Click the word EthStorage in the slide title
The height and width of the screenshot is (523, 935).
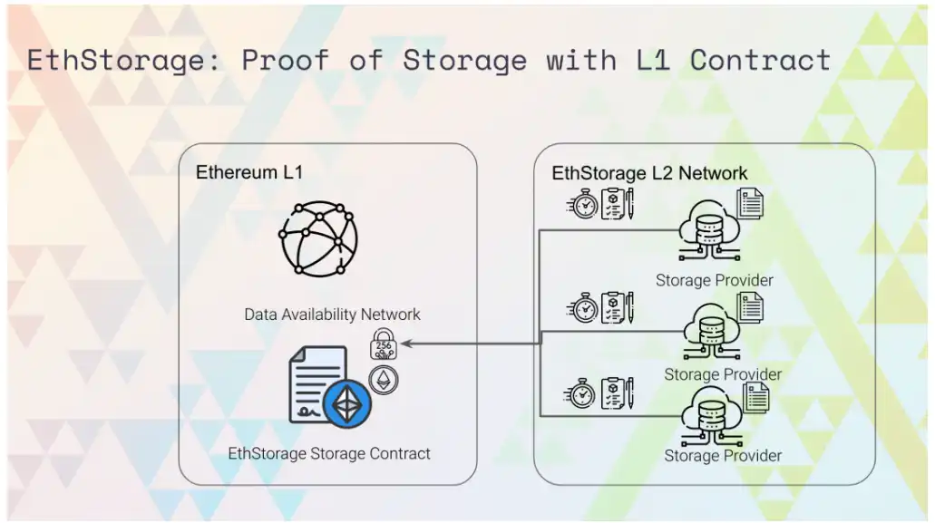coord(115,61)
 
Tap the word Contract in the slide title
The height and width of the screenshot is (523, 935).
coord(760,60)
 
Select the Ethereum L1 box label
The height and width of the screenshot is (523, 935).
coord(249,172)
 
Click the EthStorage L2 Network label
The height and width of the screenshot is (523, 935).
coord(649,173)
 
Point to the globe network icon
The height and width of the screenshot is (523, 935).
coord(318,239)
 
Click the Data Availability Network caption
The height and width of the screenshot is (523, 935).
coord(332,314)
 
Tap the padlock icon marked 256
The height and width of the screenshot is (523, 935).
coord(384,344)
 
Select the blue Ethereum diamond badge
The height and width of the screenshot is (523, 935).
coord(347,403)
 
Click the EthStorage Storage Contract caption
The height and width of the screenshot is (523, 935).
coord(329,453)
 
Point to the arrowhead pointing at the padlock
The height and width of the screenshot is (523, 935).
coord(406,344)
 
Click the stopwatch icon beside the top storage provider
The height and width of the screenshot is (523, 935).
coord(582,204)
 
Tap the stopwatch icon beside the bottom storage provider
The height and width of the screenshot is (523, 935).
coord(580,393)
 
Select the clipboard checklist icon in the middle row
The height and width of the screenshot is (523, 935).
coord(613,307)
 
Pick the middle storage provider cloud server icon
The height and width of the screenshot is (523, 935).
coord(712,331)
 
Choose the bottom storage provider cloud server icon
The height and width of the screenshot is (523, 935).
coord(711,416)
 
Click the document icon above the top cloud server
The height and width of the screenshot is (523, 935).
coord(750,204)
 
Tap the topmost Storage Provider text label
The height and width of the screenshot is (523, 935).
coord(715,280)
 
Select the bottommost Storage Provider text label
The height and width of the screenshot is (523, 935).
coord(723,456)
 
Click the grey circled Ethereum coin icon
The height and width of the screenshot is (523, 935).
coord(384,380)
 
